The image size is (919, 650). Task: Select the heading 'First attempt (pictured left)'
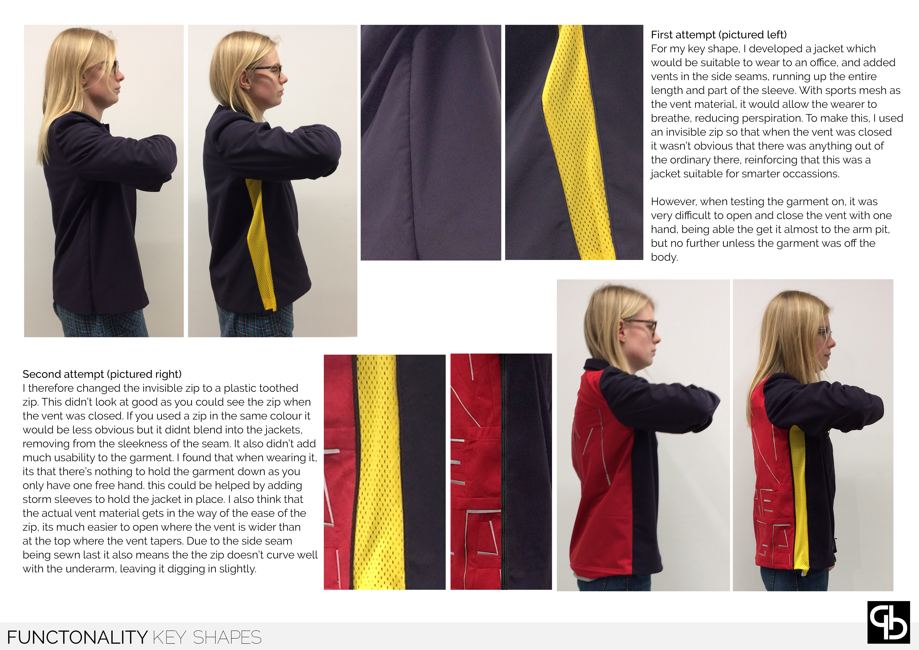point(719,35)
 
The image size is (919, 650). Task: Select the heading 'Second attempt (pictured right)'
point(102,374)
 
